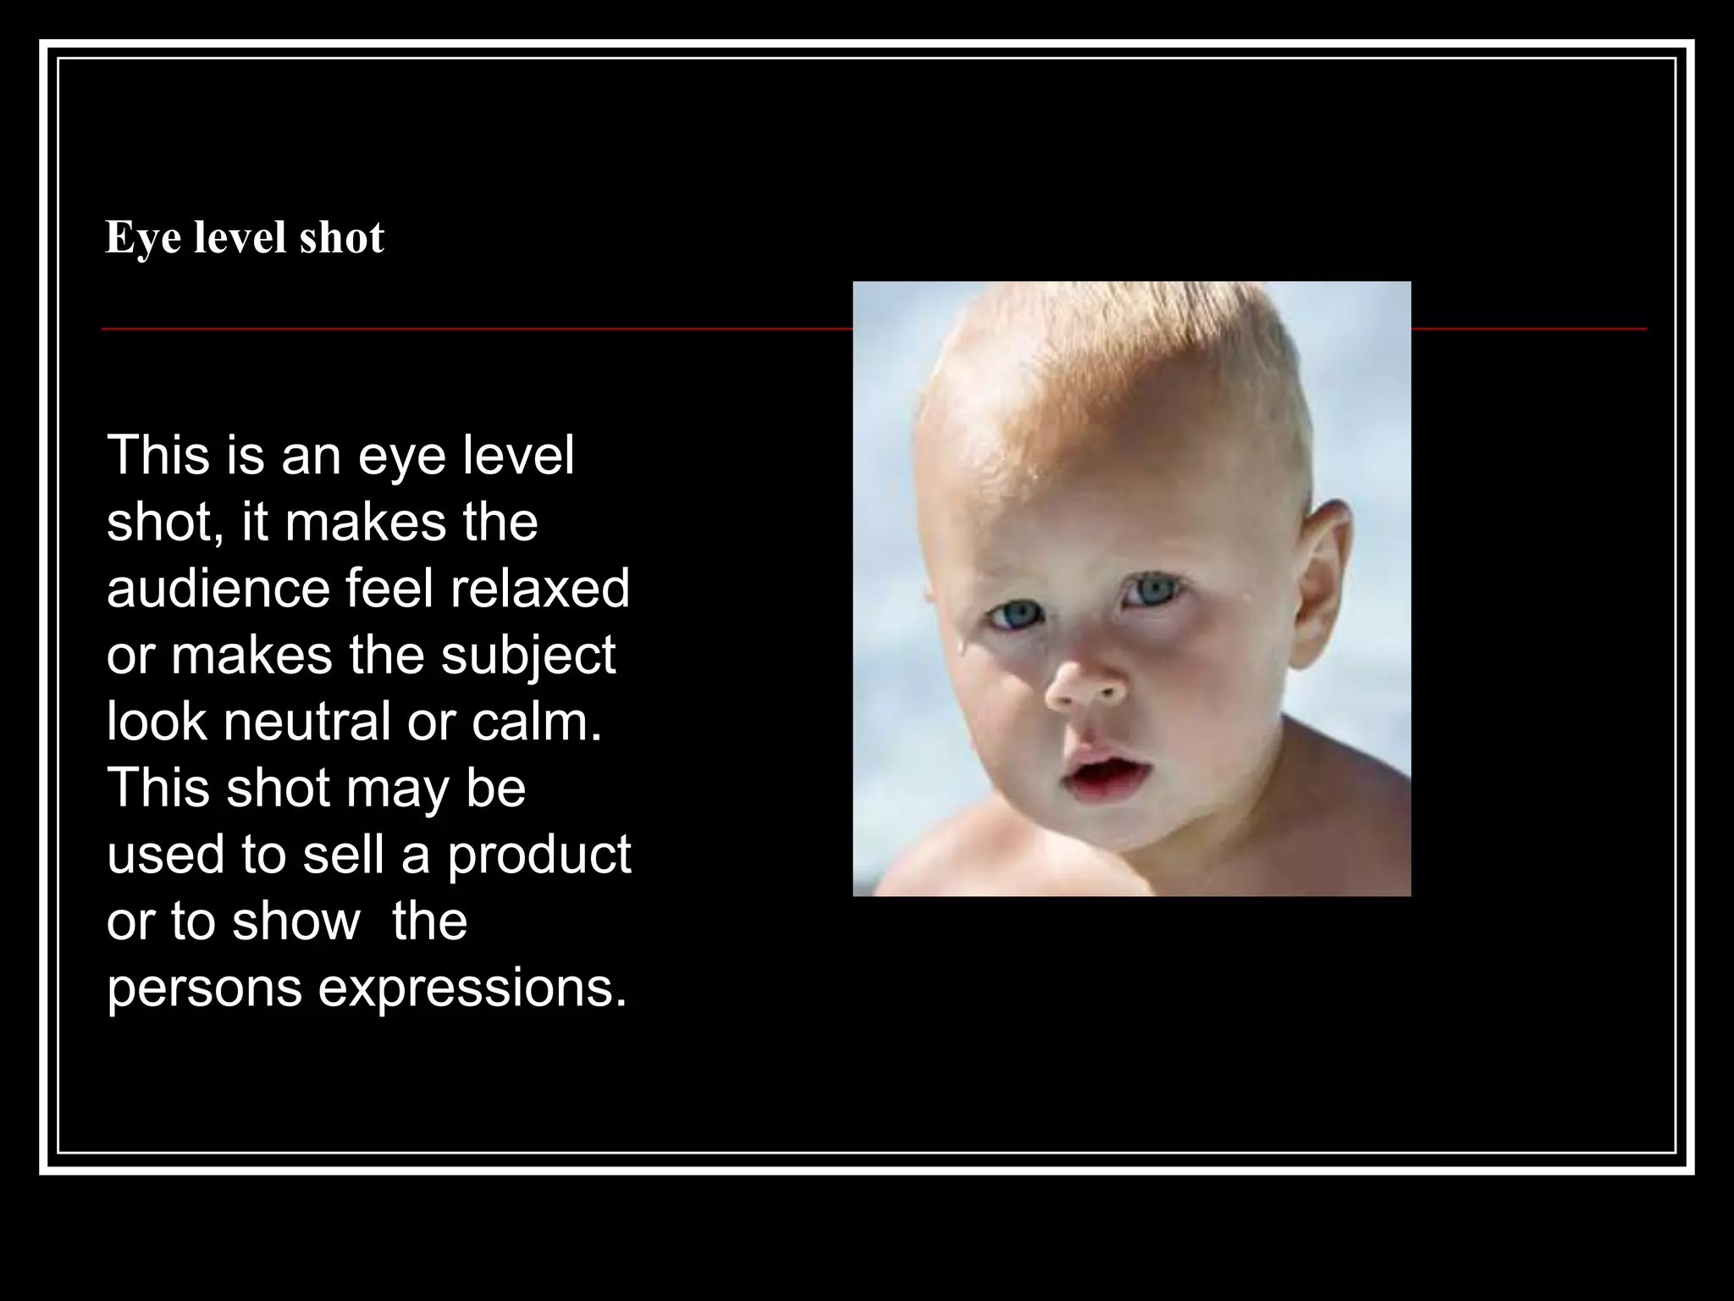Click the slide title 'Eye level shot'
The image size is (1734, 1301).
(x=245, y=238)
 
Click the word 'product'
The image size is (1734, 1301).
(x=539, y=855)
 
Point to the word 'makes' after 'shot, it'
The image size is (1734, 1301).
(x=366, y=522)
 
